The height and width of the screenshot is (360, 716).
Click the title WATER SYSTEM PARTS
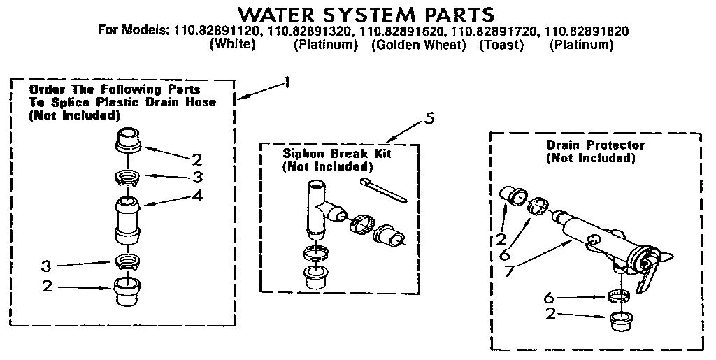(366, 14)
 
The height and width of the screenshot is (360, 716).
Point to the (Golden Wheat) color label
(418, 45)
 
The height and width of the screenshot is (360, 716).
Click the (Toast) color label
(501, 45)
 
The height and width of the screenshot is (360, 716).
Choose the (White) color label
(233, 45)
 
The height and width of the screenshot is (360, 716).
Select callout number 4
(199, 195)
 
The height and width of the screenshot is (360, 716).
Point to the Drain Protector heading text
(595, 145)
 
